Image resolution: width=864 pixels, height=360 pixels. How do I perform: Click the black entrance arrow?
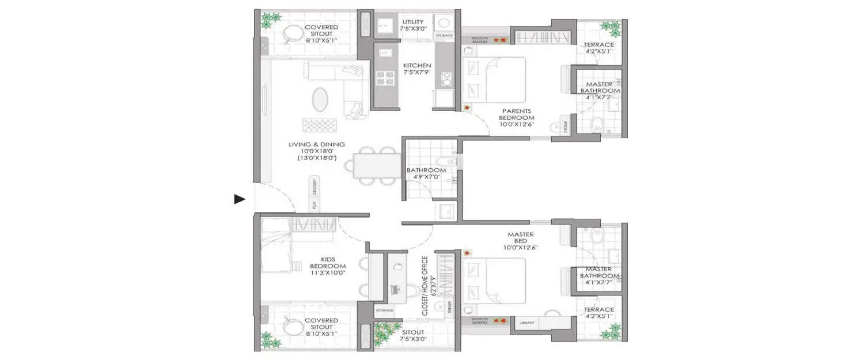[x=240, y=199]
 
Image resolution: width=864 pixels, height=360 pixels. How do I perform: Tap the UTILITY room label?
[x=413, y=22]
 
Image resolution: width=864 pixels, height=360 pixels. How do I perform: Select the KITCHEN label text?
[x=417, y=66]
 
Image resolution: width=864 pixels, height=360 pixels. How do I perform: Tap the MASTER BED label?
[x=520, y=234]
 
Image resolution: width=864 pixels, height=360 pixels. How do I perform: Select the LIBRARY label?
[x=527, y=323]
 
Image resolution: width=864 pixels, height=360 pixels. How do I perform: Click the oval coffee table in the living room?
[x=321, y=100]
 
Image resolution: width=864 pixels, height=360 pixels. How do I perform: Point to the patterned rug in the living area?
[x=320, y=126]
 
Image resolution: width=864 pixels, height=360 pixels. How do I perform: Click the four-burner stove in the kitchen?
[x=385, y=78]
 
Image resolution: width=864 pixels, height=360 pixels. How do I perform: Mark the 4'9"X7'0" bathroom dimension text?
[x=426, y=177]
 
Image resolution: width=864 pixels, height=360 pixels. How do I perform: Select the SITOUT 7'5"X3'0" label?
[x=413, y=336]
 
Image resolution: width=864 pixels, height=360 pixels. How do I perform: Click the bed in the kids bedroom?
[x=275, y=247]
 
